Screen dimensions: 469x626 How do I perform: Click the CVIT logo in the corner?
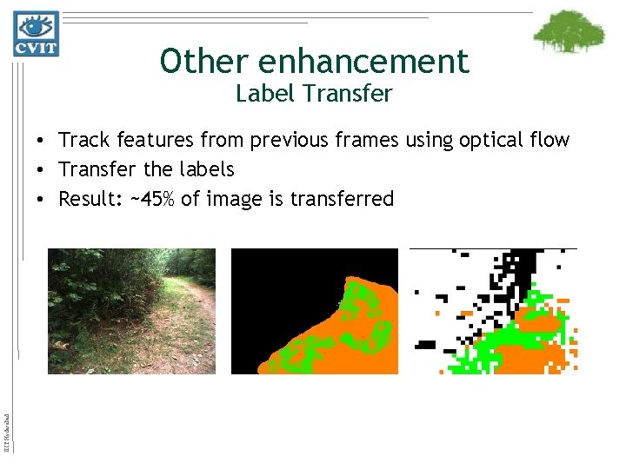coord(36,34)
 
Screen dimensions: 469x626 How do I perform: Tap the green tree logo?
coord(569,32)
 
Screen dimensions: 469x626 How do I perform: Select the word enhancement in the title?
coord(363,61)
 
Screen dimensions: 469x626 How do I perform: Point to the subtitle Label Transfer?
coord(314,93)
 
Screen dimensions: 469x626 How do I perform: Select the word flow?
coord(549,140)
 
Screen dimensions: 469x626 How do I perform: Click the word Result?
coord(88,199)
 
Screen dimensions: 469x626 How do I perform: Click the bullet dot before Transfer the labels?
coord(41,169)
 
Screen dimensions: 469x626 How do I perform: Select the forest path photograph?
coord(131,311)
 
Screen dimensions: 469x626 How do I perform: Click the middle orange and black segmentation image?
coord(314,311)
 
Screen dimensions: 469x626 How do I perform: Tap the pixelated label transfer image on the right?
coord(493,311)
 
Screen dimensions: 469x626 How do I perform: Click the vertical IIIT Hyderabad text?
coord(7,423)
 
